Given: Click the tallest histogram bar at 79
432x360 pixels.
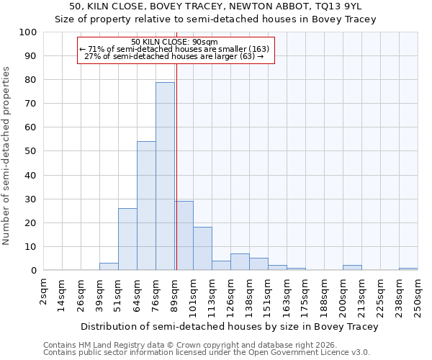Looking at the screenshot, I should pyautogui.click(x=165, y=176).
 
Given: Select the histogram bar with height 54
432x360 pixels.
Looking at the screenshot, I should pyautogui.click(x=146, y=206).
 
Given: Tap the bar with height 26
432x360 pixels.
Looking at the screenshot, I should pyautogui.click(x=127, y=239).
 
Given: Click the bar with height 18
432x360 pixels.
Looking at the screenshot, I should pyautogui.click(x=202, y=248).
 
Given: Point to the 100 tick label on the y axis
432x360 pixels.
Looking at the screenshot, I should pyautogui.click(x=28, y=32).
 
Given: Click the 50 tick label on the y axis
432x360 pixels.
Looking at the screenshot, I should pyautogui.click(x=31, y=151).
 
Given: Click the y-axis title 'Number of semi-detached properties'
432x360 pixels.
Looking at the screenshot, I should pyautogui.click(x=7, y=156).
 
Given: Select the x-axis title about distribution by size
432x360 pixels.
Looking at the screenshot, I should pyautogui.click(x=230, y=326).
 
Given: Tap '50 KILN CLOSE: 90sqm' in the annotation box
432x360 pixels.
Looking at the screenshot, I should pyautogui.click(x=175, y=42).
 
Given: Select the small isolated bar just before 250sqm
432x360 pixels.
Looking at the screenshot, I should pyautogui.click(x=408, y=269).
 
